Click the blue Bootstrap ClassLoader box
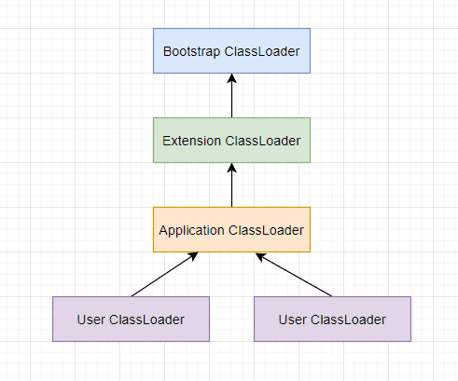click(x=231, y=51)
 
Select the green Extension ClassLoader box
click(x=231, y=141)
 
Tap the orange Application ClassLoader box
click(x=231, y=230)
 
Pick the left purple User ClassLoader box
click(x=131, y=320)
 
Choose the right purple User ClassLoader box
click(x=332, y=320)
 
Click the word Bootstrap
click(x=191, y=52)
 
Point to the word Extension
click(x=191, y=141)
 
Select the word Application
click(x=191, y=231)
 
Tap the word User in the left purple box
click(x=90, y=320)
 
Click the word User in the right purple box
click(x=292, y=320)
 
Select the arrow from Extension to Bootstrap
click(x=231, y=96)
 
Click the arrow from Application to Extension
click(x=231, y=185)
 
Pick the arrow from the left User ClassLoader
click(x=164, y=275)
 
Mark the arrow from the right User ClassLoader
click(x=294, y=275)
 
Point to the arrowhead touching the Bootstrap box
click(x=231, y=78)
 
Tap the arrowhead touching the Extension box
click(x=231, y=168)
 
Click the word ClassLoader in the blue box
click(x=262, y=51)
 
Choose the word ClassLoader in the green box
click(x=263, y=141)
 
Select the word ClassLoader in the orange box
click(x=266, y=230)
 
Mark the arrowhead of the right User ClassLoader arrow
click(x=260, y=256)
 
